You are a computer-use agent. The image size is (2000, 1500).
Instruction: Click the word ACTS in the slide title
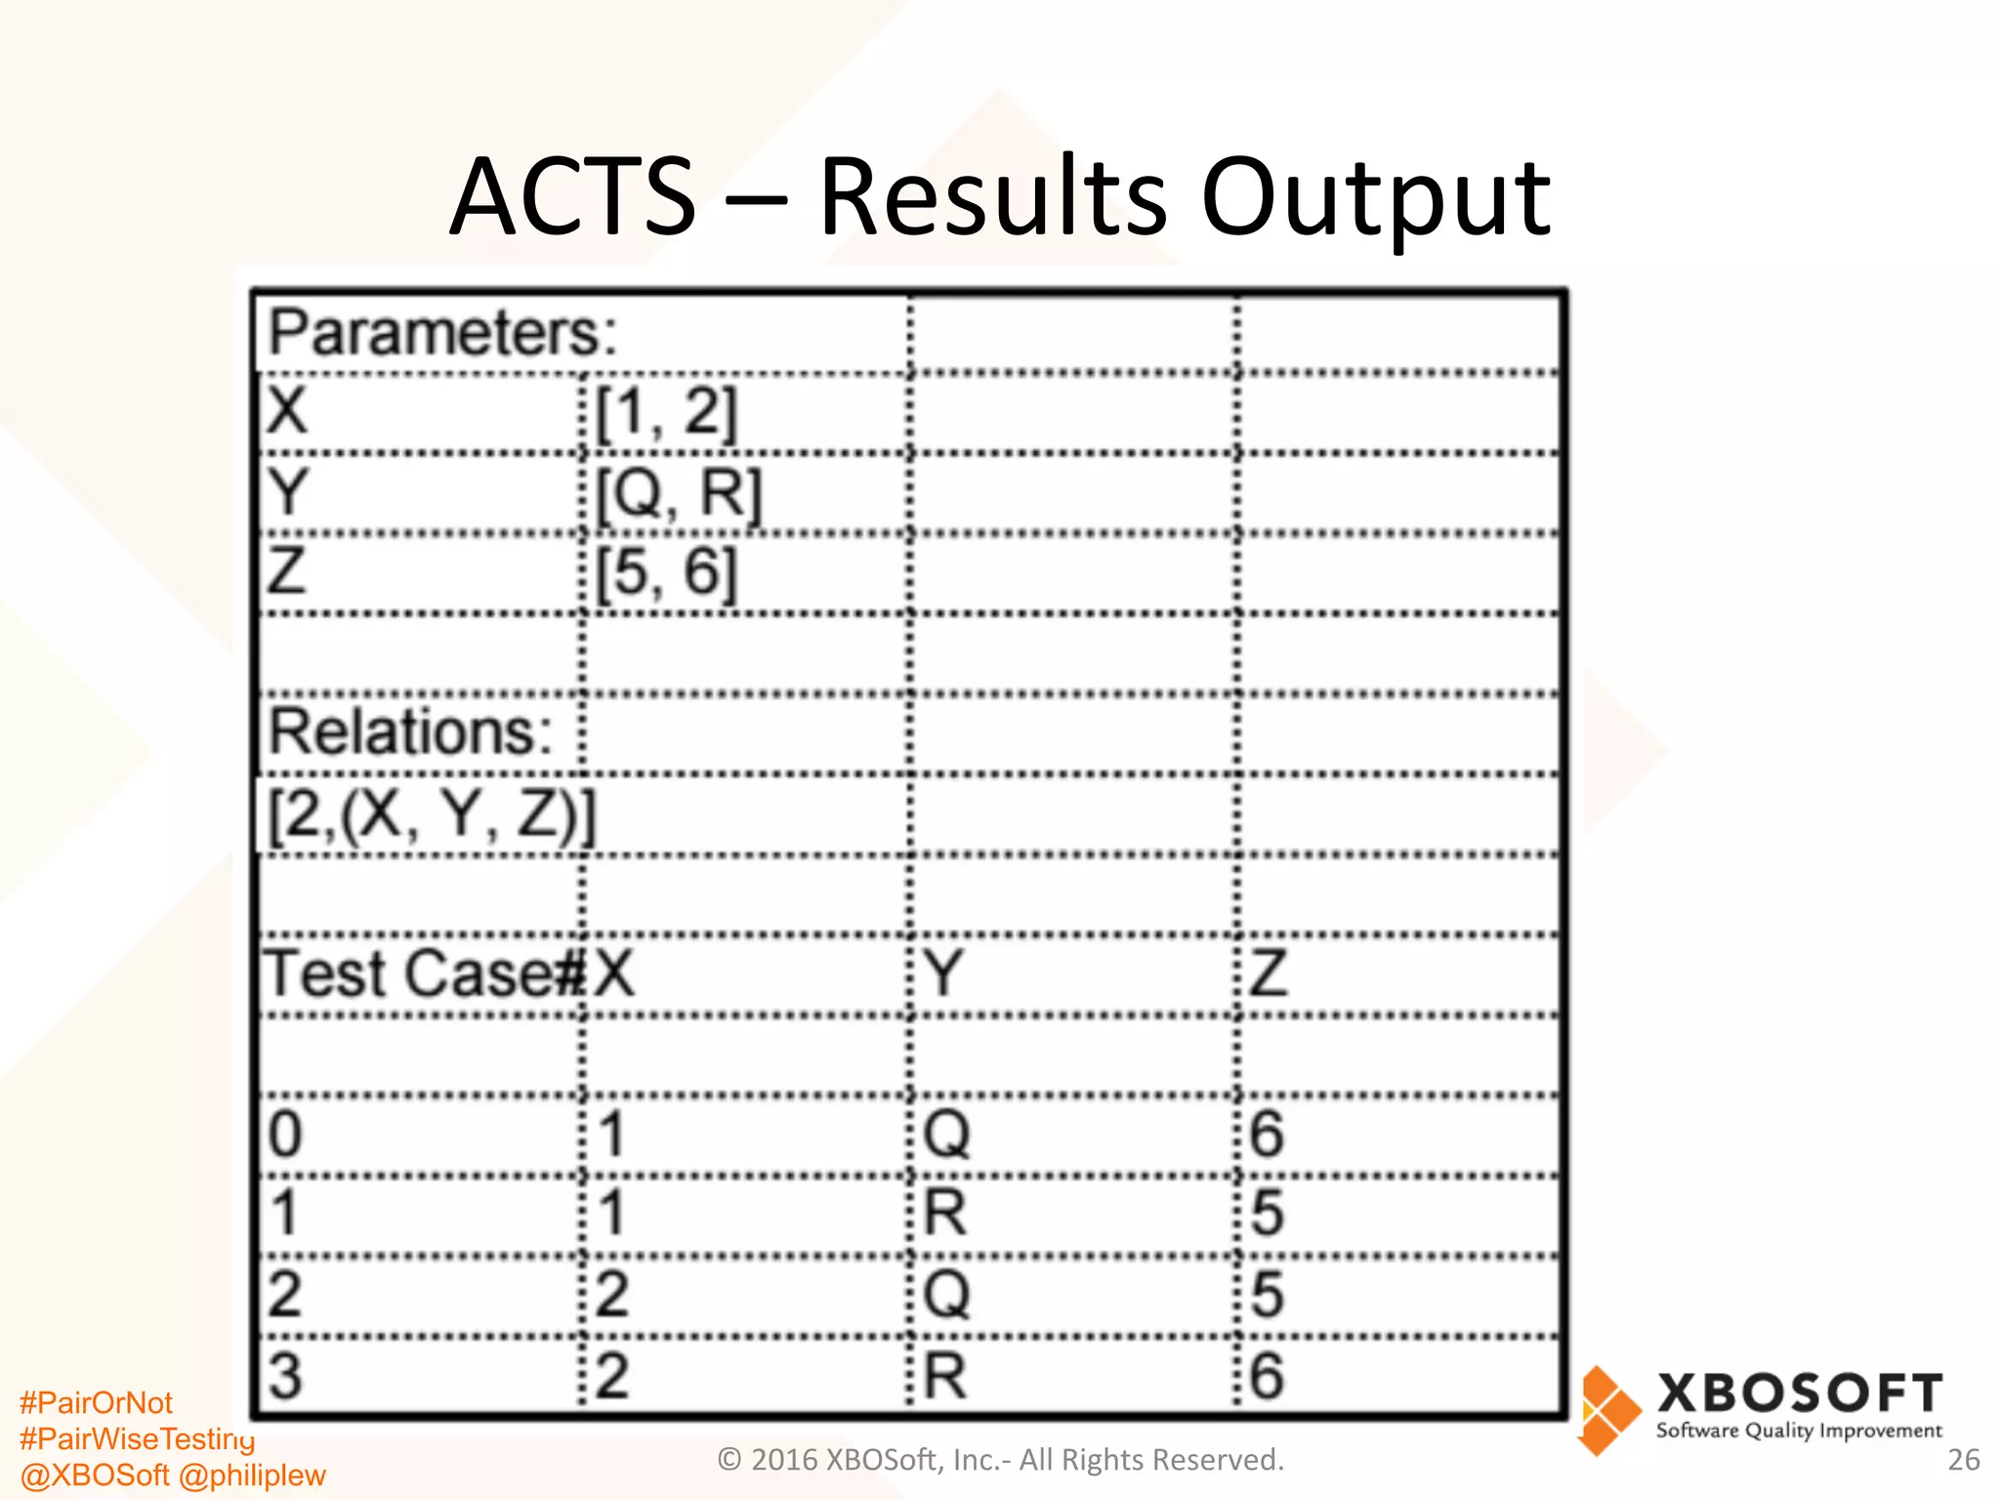coord(573,197)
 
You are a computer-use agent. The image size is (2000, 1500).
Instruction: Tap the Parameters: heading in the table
coord(442,333)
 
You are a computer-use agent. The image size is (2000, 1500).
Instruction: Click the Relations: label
coord(410,731)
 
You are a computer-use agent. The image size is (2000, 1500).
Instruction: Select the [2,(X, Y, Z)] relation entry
coord(431,814)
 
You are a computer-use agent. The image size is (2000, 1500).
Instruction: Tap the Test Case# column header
coord(423,974)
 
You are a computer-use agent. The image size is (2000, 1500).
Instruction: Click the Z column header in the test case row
coord(1269,974)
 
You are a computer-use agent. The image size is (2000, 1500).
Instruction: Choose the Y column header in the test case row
coord(944,974)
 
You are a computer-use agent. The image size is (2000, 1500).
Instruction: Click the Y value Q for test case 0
coord(946,1135)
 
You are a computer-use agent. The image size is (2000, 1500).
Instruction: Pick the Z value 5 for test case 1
coord(1267,1214)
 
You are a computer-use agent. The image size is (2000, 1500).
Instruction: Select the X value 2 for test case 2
coord(611,1295)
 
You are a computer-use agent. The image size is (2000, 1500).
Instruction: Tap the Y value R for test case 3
coord(945,1376)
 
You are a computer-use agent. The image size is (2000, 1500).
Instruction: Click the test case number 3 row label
coord(284,1376)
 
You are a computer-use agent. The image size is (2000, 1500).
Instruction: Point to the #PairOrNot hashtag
coord(96,1402)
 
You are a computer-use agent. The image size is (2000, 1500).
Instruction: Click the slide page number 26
coord(1963,1459)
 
